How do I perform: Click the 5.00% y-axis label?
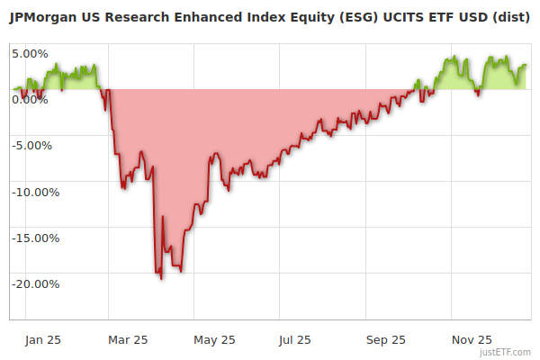(30, 53)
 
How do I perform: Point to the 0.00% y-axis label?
(30, 99)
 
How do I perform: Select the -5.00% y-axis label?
(32, 145)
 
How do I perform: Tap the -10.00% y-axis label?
(34, 192)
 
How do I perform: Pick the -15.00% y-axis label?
(34, 238)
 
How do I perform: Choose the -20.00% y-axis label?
(34, 284)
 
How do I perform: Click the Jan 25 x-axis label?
(42, 339)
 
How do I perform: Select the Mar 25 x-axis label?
(128, 339)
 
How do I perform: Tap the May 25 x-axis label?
(214, 339)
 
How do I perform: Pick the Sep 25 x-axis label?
(385, 339)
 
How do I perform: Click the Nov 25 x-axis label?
(472, 339)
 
